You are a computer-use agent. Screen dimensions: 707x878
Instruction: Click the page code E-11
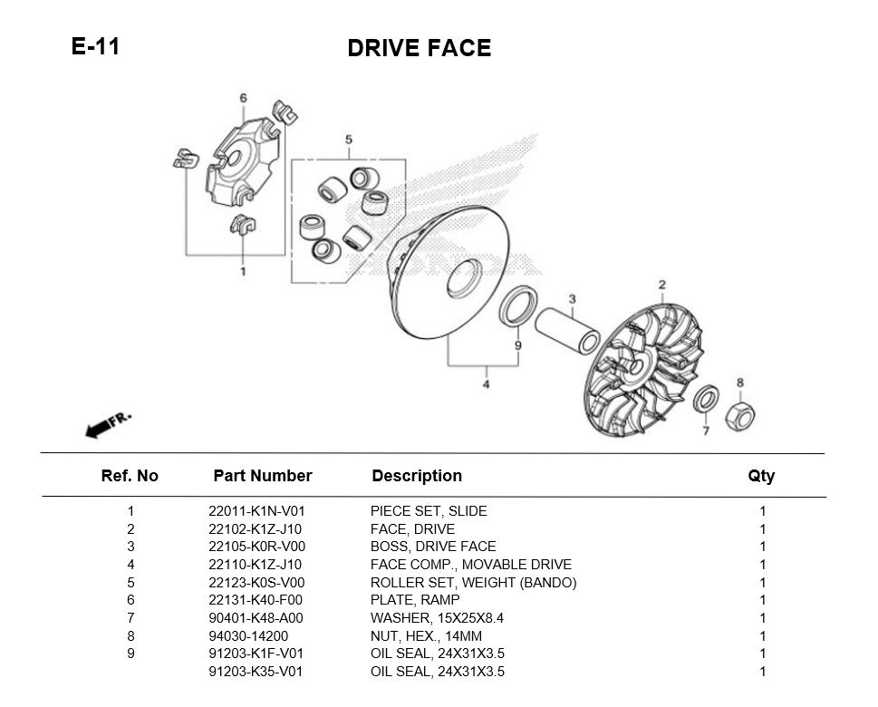click(95, 46)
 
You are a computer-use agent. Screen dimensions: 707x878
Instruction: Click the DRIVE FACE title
click(419, 49)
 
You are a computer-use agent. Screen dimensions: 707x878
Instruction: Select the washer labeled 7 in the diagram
click(706, 398)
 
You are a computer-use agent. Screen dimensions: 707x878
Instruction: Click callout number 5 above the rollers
click(348, 140)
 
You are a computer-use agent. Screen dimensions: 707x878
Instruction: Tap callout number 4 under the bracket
click(486, 384)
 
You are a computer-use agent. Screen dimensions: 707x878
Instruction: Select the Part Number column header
click(262, 476)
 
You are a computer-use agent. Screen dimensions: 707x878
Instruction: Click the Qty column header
click(761, 476)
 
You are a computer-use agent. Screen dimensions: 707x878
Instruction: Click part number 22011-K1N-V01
click(256, 511)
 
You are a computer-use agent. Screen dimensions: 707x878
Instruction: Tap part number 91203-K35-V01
click(256, 672)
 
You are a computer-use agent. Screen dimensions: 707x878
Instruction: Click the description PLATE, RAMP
click(415, 600)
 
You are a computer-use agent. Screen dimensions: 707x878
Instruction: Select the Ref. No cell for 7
click(130, 618)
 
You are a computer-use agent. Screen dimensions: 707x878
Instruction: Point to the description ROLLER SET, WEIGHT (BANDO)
click(473, 583)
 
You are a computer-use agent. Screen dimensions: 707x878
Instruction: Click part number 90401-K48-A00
click(256, 618)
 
